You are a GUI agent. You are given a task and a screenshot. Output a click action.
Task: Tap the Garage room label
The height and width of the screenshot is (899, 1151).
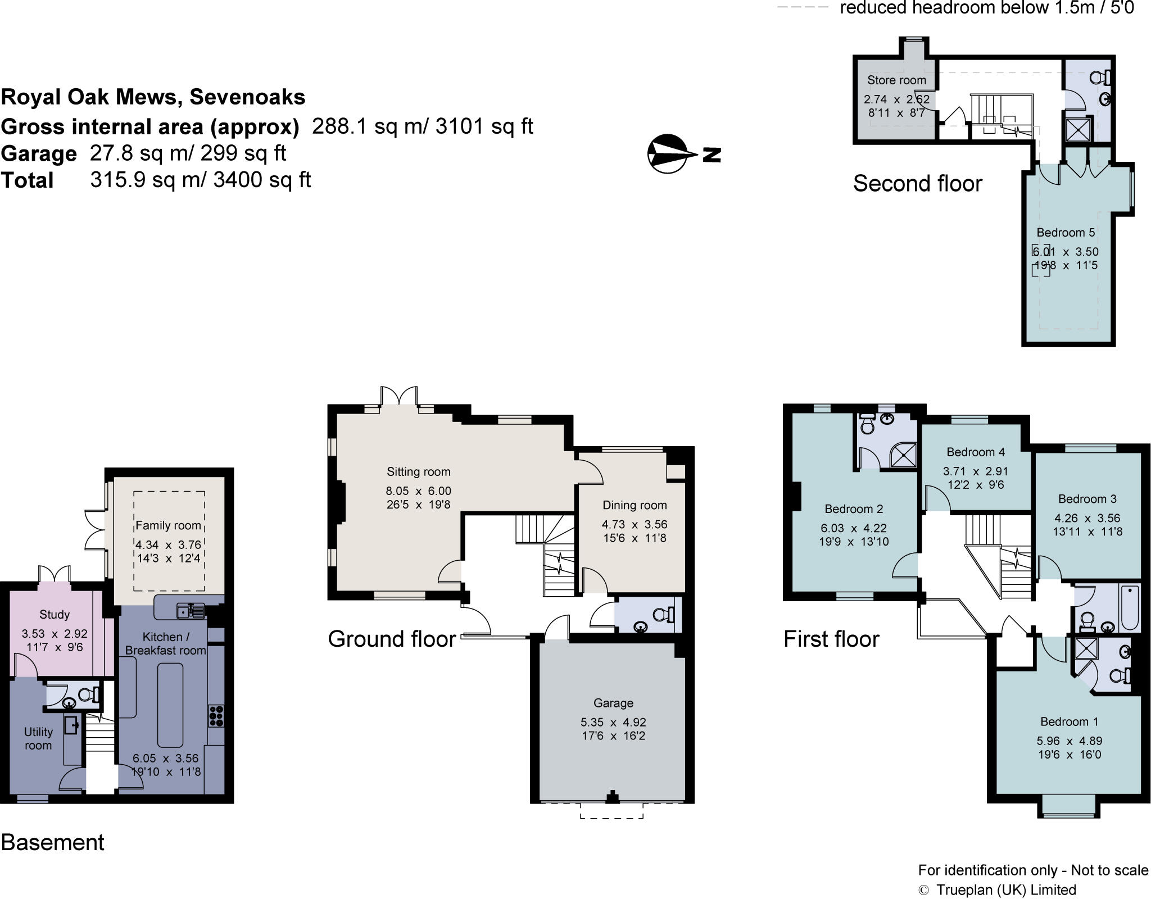[613, 703]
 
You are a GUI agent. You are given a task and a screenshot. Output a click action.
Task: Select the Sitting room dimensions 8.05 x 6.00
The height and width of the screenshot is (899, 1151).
[418, 491]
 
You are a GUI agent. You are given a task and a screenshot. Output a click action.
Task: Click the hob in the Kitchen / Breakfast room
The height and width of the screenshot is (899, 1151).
[216, 716]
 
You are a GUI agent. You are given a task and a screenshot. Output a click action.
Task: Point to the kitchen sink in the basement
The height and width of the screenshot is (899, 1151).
[190, 610]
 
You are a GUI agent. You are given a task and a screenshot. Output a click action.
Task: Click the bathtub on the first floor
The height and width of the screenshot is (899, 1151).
[1130, 609]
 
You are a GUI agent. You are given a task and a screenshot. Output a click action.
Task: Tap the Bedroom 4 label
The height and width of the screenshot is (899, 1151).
[976, 452]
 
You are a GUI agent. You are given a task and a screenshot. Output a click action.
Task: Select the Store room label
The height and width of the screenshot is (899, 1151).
[896, 80]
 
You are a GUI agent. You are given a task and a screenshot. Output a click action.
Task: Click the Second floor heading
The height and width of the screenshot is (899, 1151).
[917, 184]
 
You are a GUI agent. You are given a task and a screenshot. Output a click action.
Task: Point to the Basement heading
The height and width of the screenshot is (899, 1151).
[53, 842]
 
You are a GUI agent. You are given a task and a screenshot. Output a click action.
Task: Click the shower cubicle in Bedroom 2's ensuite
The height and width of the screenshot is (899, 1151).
[905, 455]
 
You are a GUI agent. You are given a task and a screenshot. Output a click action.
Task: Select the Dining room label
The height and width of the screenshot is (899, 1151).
[635, 505]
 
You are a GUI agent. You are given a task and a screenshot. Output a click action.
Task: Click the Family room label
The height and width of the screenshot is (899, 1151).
[168, 525]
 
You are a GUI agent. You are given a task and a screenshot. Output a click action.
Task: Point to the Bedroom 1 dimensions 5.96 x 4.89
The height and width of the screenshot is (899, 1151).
[1070, 741]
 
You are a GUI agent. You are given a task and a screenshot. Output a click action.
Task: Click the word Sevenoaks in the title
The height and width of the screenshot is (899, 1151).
[247, 97]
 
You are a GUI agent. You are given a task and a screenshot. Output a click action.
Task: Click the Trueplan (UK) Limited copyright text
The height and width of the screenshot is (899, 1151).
[1005, 890]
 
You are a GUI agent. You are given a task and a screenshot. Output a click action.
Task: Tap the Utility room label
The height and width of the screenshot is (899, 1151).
[38, 738]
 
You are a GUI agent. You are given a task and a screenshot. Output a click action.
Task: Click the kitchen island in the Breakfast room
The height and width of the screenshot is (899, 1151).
[170, 705]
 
